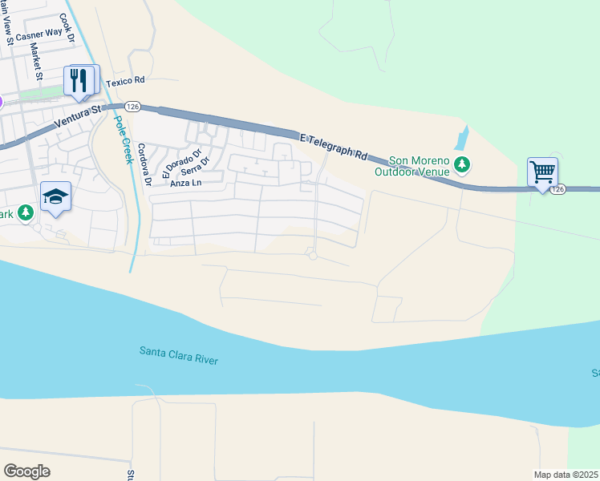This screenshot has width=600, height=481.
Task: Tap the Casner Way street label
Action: (39, 33)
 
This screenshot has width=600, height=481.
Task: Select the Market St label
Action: (35, 61)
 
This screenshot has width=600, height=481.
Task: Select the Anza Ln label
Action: (186, 183)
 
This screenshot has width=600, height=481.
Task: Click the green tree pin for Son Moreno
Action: (461, 165)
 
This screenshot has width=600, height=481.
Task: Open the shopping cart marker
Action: (542, 171)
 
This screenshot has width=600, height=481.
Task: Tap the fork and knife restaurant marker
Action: (79, 79)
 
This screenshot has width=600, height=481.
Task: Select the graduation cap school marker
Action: (56, 196)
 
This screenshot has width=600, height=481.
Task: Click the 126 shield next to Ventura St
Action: (132, 106)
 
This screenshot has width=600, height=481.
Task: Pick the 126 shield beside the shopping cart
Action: (559, 189)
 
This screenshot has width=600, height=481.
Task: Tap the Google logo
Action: (26, 471)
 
